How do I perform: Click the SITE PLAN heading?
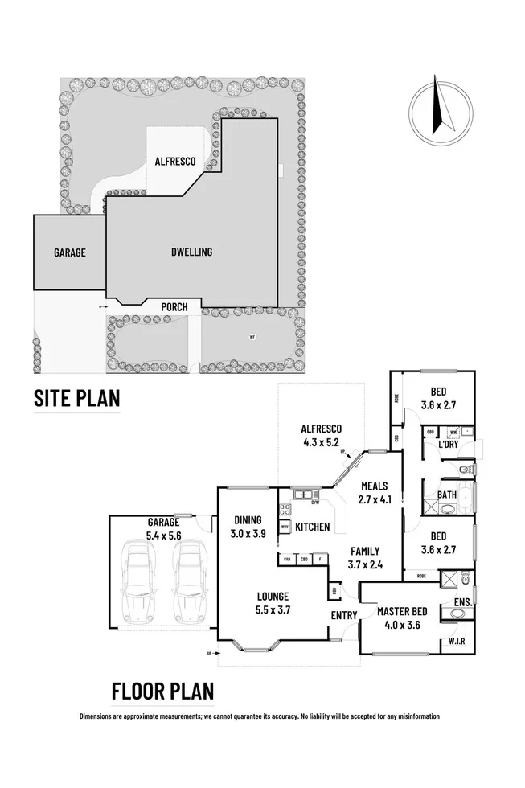76,397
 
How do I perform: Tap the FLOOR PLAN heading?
162,691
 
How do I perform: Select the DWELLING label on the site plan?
192,252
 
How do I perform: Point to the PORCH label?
174,307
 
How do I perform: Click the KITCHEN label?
312,527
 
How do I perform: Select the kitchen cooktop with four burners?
284,509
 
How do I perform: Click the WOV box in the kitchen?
285,527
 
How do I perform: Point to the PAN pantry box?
286,558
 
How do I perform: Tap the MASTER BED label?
402,611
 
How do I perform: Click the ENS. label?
463,601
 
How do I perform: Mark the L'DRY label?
449,445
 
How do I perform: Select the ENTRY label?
343,615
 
